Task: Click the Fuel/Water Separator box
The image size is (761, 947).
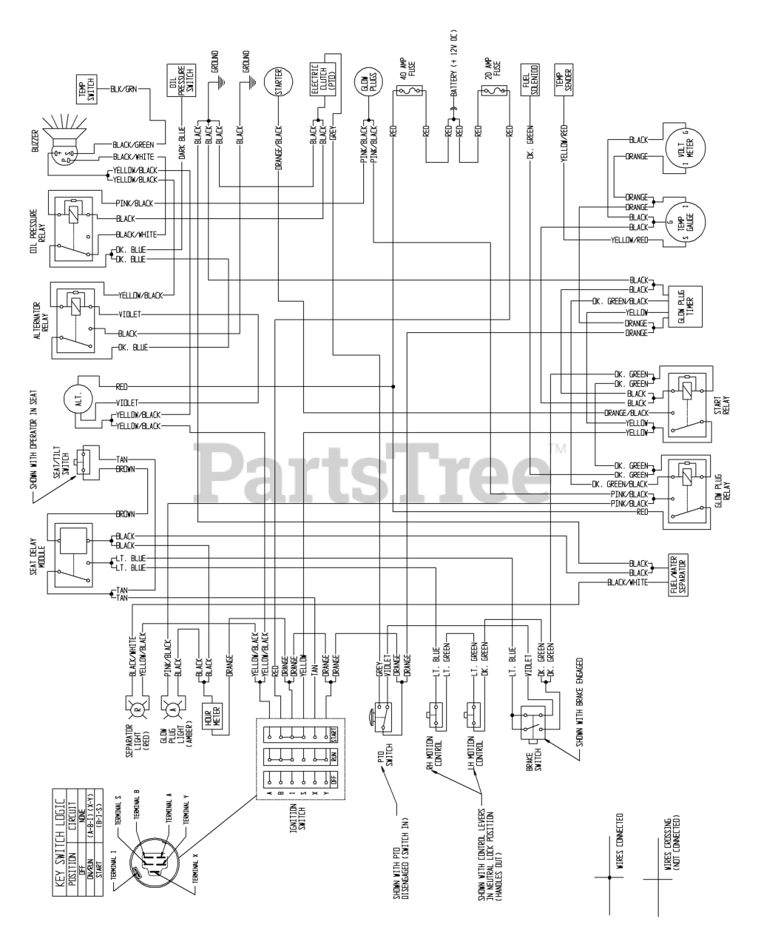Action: [x=677, y=572]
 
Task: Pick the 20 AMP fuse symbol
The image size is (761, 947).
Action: [x=493, y=92]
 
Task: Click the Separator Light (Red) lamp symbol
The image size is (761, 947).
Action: [x=138, y=710]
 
